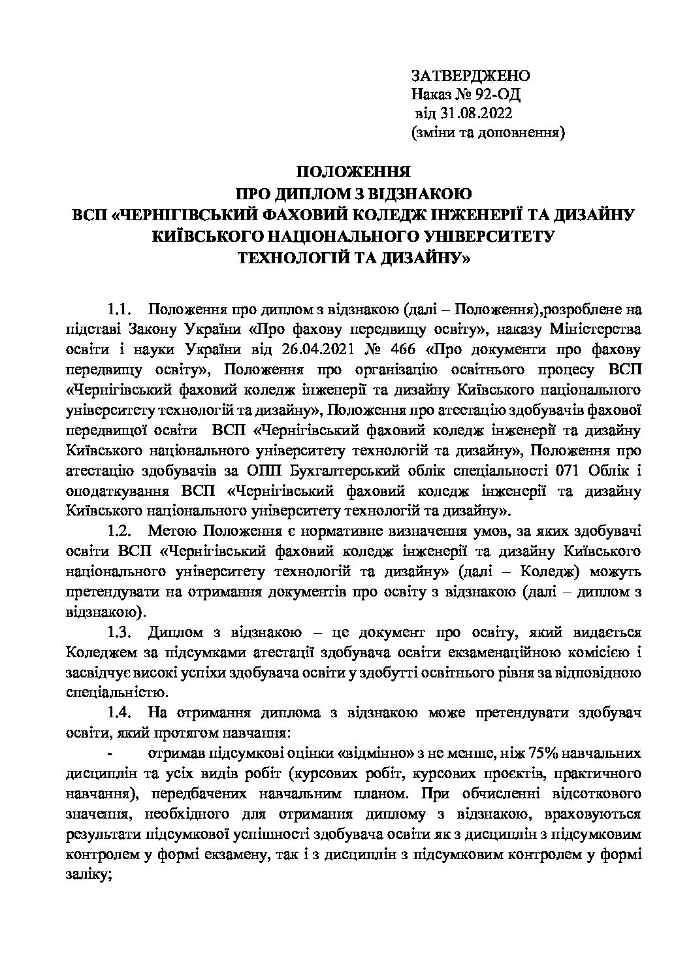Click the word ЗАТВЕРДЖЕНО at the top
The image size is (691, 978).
click(470, 76)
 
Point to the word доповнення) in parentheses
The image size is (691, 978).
click(526, 134)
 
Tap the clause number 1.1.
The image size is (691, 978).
click(120, 308)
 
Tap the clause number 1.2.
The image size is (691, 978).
click(120, 530)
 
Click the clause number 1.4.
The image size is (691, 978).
click(120, 713)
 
